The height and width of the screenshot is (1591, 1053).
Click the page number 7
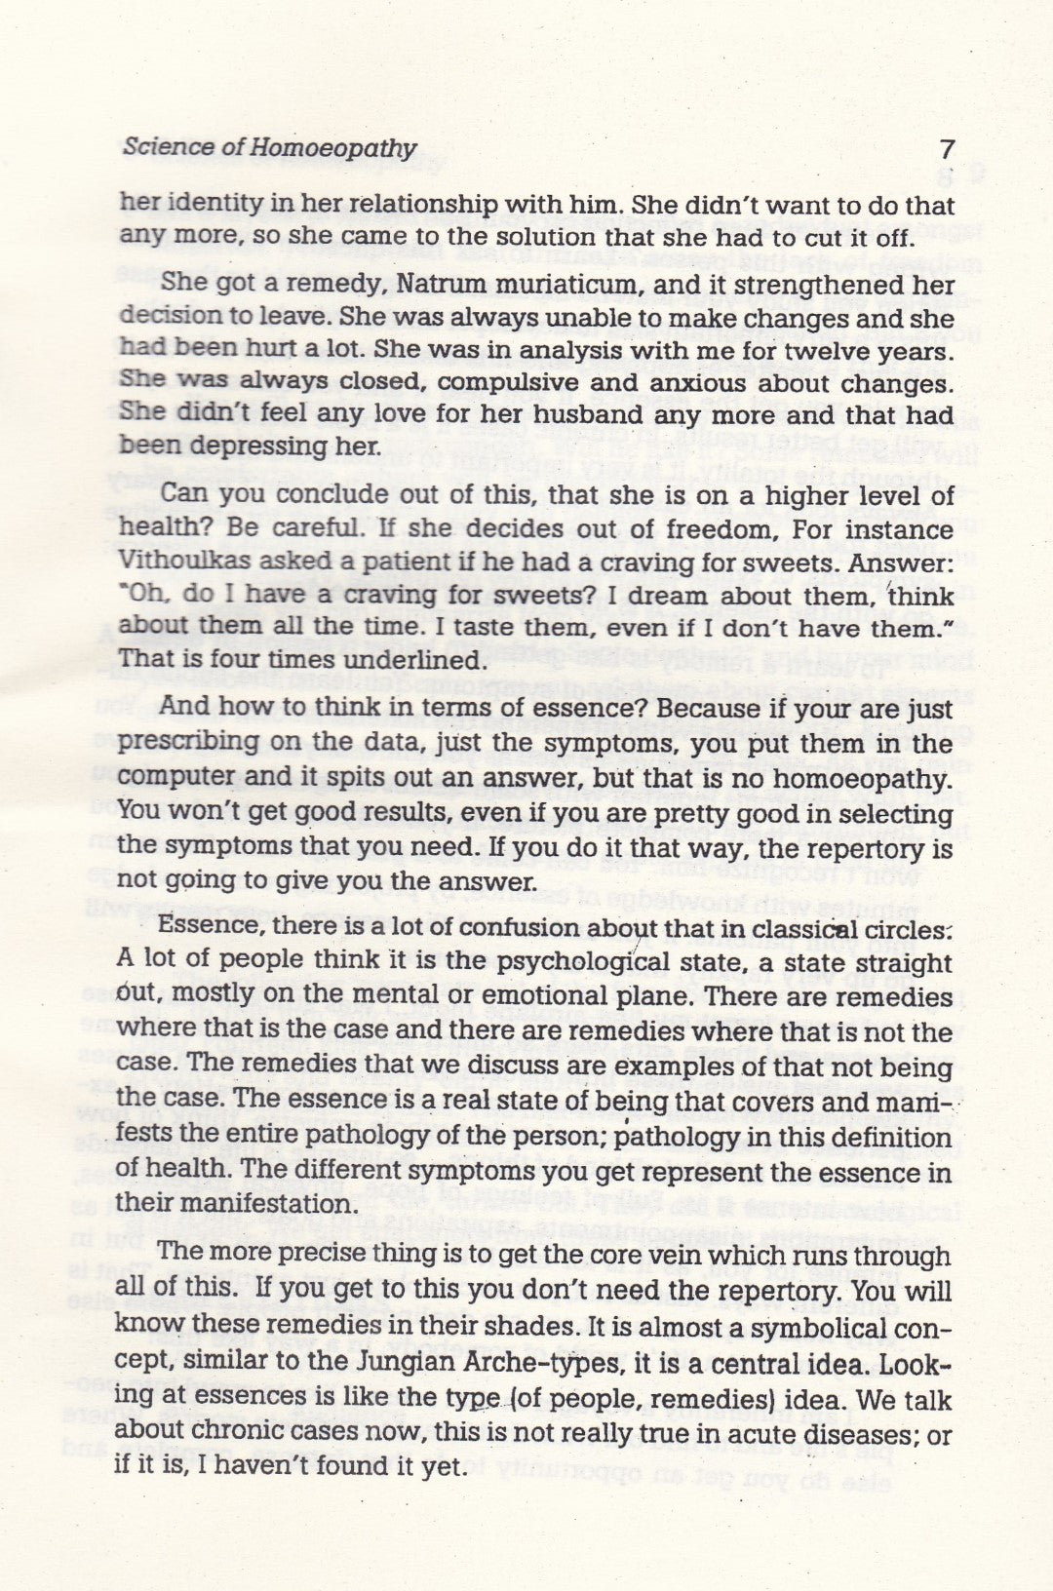pos(946,150)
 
